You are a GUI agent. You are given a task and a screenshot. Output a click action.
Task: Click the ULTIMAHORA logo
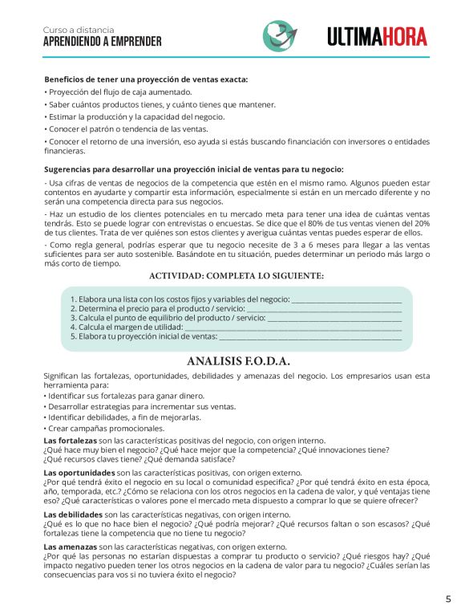pos(377,36)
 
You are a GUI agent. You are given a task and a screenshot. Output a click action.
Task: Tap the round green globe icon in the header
pos(280,35)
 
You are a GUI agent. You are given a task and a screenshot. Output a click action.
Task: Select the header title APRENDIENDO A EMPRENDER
pos(102,41)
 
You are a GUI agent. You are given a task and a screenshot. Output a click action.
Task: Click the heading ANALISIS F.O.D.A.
pos(238,361)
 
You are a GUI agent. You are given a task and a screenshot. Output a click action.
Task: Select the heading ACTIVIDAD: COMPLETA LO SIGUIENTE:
pos(237,276)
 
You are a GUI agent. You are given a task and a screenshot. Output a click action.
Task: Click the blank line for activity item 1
pos(346,299)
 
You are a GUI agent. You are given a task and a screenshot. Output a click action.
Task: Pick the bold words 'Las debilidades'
pos(73,514)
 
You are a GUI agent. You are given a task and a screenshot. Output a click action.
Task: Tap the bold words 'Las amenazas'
pos(70,547)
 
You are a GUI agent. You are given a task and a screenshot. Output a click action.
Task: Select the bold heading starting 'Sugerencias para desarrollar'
pos(194,169)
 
